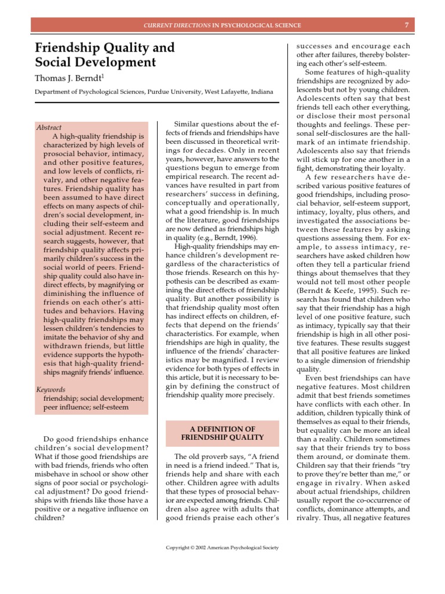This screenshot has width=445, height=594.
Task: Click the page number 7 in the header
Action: click(x=407, y=26)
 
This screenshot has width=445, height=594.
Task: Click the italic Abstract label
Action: click(x=49, y=128)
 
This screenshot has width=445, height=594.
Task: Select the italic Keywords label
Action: click(x=50, y=389)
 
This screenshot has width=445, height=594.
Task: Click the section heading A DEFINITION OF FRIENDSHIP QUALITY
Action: click(x=222, y=433)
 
